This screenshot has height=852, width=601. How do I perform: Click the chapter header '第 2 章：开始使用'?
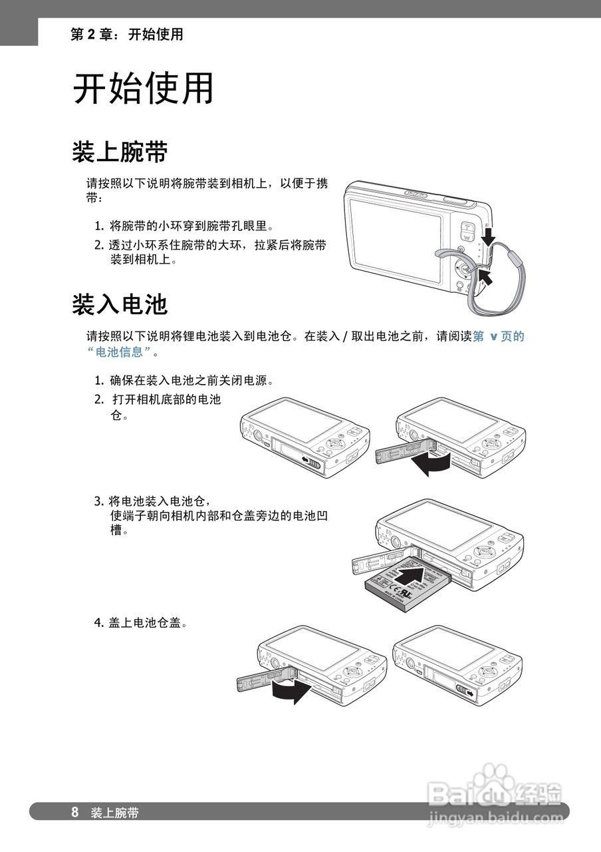coord(126,35)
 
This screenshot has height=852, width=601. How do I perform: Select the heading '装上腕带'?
coord(120,152)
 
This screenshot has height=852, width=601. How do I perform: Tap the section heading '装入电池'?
coord(120,304)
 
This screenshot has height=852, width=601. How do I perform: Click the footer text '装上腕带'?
coord(115,813)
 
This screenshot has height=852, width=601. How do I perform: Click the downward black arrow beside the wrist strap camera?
coord(490,235)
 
